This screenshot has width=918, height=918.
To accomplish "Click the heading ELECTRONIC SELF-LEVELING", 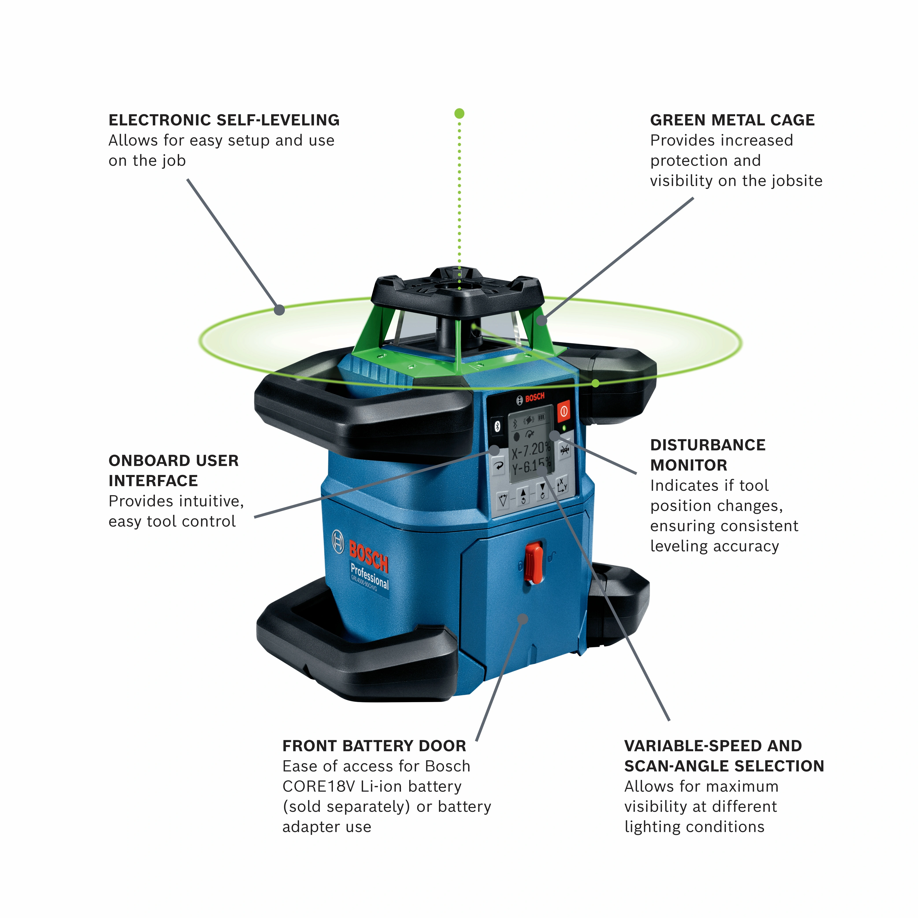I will point(224,120).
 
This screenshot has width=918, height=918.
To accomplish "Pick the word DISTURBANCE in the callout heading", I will point(708,445).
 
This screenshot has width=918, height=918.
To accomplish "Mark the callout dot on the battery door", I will point(523,619).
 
